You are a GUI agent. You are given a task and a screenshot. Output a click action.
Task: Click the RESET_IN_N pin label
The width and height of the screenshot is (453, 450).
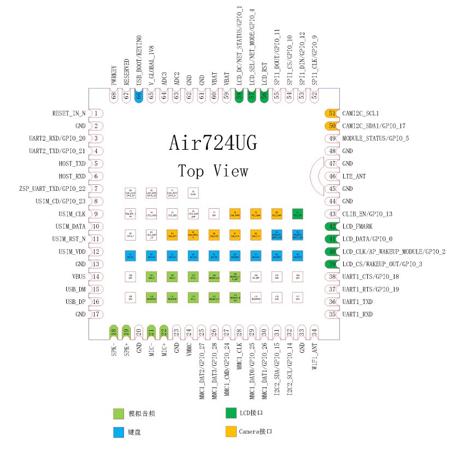pos(68,113)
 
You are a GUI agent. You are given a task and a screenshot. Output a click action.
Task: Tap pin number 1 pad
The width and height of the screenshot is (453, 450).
pos(97,113)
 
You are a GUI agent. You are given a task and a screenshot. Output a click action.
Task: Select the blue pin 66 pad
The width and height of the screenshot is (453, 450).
pos(139,95)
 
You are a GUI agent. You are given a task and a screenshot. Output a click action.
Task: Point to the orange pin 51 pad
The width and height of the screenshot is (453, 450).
pos(332,113)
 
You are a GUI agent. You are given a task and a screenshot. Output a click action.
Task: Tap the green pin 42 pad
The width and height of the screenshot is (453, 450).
pos(332,226)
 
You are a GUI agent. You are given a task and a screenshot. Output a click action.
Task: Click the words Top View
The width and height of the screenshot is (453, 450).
pos(213,171)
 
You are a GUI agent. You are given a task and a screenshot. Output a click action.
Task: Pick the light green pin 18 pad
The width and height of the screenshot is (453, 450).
pos(114,331)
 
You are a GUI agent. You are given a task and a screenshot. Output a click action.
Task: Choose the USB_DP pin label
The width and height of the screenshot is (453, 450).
pos(75,302)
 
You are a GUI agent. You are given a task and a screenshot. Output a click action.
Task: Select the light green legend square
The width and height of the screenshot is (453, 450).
pos(118,413)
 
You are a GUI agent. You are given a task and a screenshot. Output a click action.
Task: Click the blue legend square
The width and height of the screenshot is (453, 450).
pos(118,431)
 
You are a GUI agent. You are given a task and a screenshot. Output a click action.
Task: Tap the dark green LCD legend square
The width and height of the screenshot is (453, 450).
pos(230,413)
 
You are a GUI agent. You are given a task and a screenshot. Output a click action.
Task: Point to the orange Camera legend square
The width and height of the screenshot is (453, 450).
pos(230,431)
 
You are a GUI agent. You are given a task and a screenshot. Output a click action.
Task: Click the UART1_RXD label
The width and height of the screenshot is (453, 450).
pos(357,314)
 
